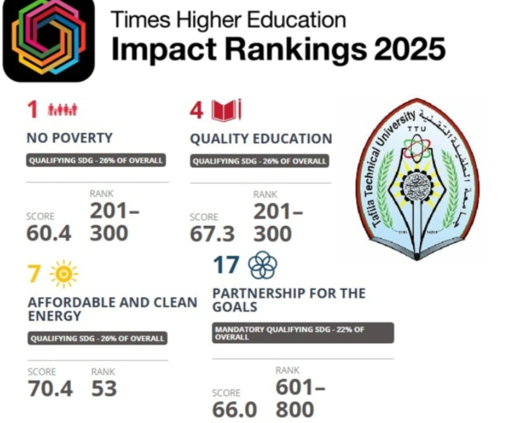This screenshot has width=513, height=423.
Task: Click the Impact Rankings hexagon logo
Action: click(49, 40)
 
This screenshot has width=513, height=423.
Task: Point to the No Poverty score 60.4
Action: click(49, 234)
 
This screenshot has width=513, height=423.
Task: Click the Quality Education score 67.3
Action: click(213, 234)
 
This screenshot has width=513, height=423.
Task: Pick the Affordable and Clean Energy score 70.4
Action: click(50, 388)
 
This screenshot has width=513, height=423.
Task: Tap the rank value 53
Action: click(104, 388)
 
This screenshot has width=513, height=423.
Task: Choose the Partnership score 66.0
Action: click(234, 410)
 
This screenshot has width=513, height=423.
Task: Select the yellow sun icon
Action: click(63, 274)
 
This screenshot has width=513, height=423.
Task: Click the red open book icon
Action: click(227, 110)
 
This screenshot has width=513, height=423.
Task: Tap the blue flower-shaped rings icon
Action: click(262, 265)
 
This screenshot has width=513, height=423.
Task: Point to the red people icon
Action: click(62, 110)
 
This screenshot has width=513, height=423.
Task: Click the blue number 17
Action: click(226, 265)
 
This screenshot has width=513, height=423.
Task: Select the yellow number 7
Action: click(34, 275)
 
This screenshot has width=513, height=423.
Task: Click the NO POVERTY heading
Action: click(69, 138)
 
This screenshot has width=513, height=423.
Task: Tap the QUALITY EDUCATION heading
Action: click(261, 139)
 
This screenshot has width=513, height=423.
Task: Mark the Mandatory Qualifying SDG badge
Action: click(303, 333)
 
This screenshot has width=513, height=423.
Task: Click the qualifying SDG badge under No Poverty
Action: click(96, 161)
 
